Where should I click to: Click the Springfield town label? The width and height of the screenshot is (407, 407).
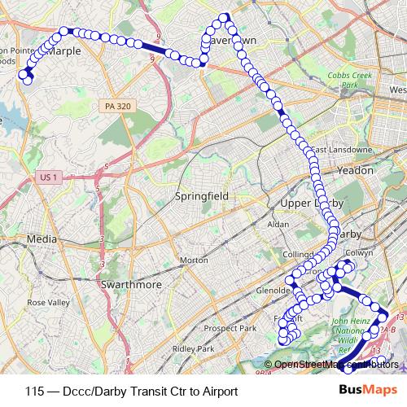coord(203,196)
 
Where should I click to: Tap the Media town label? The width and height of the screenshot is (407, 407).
coord(42,239)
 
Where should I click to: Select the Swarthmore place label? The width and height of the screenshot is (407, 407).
coord(130,285)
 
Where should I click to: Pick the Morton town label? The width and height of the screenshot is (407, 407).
coord(194,260)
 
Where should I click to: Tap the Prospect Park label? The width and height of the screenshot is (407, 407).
coord(231,329)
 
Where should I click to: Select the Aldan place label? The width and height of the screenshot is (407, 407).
coord(278,223)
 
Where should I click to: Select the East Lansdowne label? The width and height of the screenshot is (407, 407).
coord(342,150)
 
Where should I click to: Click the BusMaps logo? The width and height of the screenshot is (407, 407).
coord(367,390)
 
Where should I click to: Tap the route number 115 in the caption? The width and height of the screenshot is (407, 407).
coord(34,391)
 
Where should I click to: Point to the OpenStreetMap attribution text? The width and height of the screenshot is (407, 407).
coord(330,365)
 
